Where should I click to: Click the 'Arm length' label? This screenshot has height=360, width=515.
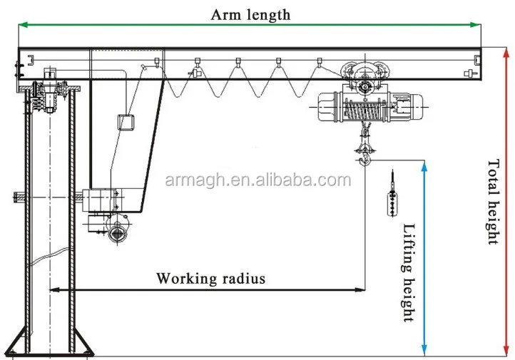tap(250, 14)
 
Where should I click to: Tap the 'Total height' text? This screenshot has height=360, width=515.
tap(494, 202)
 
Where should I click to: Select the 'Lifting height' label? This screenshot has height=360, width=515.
tap(409, 273)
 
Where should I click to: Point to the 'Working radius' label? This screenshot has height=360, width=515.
tap(210, 278)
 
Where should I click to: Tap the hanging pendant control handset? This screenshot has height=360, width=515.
tap(392, 196)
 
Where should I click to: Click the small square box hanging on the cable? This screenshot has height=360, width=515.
tap(126, 122)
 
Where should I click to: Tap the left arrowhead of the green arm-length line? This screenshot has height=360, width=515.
tap(21, 25)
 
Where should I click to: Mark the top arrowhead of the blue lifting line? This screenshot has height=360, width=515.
tap(424, 165)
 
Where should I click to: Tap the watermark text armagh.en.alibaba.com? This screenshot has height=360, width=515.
tap(257, 180)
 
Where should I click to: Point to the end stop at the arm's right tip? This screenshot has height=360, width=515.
tap(468, 73)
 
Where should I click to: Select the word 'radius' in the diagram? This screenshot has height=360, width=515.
tap(240, 278)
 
